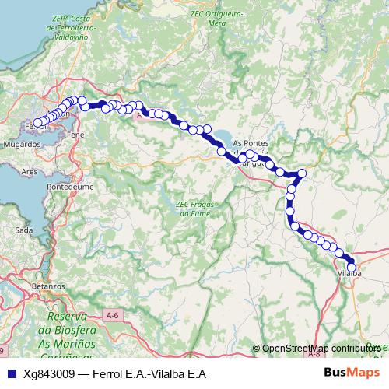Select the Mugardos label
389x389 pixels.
[x=21, y=145]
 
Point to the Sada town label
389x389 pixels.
[x=24, y=230]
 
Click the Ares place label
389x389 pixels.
[x=30, y=171]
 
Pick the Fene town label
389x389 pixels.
[x=76, y=135]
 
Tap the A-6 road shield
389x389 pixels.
[x=112, y=314]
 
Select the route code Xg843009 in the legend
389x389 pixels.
[x=50, y=373]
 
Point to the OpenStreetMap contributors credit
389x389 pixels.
[x=319, y=349]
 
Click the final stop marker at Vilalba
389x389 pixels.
[x=352, y=267]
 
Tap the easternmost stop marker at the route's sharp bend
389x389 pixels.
[x=303, y=173]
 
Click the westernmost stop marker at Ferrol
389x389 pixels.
[x=37, y=123]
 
